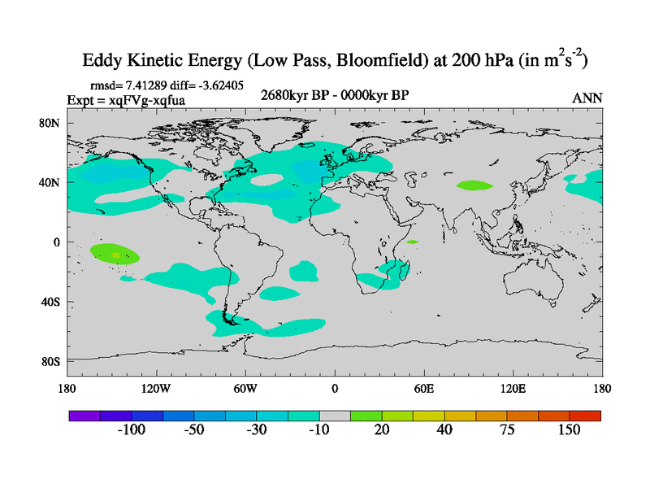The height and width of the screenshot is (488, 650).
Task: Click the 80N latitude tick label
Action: tap(53, 123)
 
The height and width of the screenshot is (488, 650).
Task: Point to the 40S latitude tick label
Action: tap(53, 302)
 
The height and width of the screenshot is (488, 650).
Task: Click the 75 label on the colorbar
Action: tap(507, 430)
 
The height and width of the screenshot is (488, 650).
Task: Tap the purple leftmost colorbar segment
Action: tap(84, 415)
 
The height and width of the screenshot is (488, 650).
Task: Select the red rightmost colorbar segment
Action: tap(585, 415)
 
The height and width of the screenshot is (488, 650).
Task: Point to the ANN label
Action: tap(587, 98)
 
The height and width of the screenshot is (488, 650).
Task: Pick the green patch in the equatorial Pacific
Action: tap(113, 254)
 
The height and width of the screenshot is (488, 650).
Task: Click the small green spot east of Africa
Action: tap(412, 242)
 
